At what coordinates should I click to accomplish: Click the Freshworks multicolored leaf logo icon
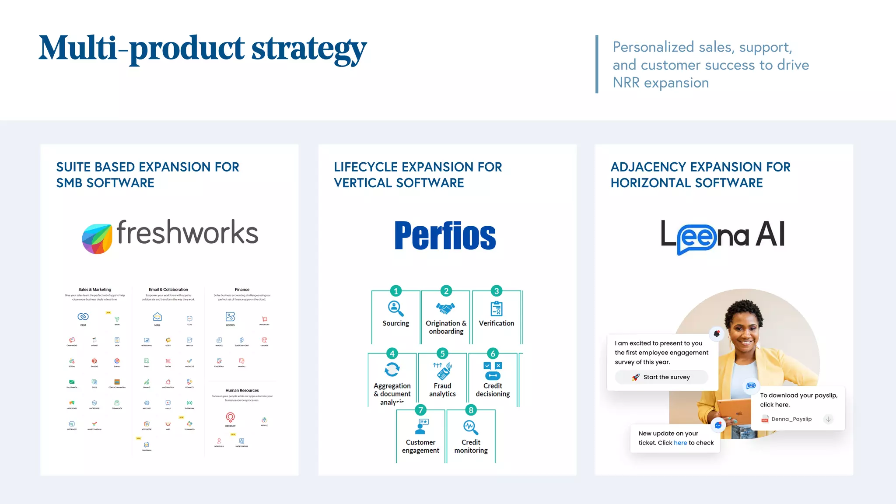click(97, 238)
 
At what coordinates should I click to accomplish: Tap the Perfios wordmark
click(445, 236)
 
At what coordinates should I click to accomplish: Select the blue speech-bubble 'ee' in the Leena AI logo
click(696, 238)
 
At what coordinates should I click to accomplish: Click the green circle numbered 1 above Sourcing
click(396, 291)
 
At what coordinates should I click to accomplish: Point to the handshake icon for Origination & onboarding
click(445, 308)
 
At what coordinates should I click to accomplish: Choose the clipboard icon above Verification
click(496, 308)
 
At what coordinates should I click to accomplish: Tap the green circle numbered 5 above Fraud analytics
click(442, 353)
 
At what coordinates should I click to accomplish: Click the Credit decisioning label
click(493, 390)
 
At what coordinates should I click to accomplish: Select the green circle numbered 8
click(471, 410)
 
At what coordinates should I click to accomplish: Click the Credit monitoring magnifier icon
click(471, 427)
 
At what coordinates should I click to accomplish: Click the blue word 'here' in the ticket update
click(680, 443)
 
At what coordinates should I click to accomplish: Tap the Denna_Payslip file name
click(791, 419)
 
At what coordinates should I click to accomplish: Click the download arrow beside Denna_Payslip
click(828, 419)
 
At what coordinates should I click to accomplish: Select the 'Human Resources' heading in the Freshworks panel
click(242, 390)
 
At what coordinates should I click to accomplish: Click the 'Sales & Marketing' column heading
click(95, 290)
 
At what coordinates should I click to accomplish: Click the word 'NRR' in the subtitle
click(626, 83)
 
